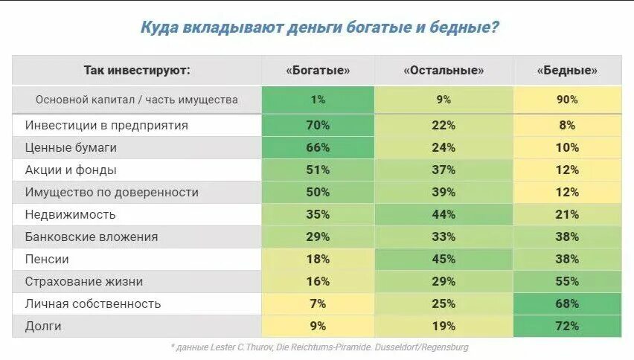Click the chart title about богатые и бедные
point(319,28)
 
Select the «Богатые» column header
point(318,71)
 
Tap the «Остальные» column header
point(444,71)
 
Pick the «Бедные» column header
point(567,71)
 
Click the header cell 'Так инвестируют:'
point(137,71)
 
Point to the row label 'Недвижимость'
point(71,215)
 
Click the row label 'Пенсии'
point(47,260)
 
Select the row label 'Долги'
point(43,327)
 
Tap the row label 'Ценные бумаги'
point(71,148)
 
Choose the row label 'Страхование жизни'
point(83,282)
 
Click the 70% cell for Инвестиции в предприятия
point(318,126)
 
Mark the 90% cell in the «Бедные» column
point(567,99)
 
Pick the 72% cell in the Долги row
point(567,327)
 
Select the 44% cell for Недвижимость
point(444,215)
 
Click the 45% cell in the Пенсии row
point(444,260)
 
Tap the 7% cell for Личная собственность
point(318,304)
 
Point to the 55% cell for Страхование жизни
point(567,282)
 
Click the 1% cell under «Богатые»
point(318,99)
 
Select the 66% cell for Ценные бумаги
point(318,148)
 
